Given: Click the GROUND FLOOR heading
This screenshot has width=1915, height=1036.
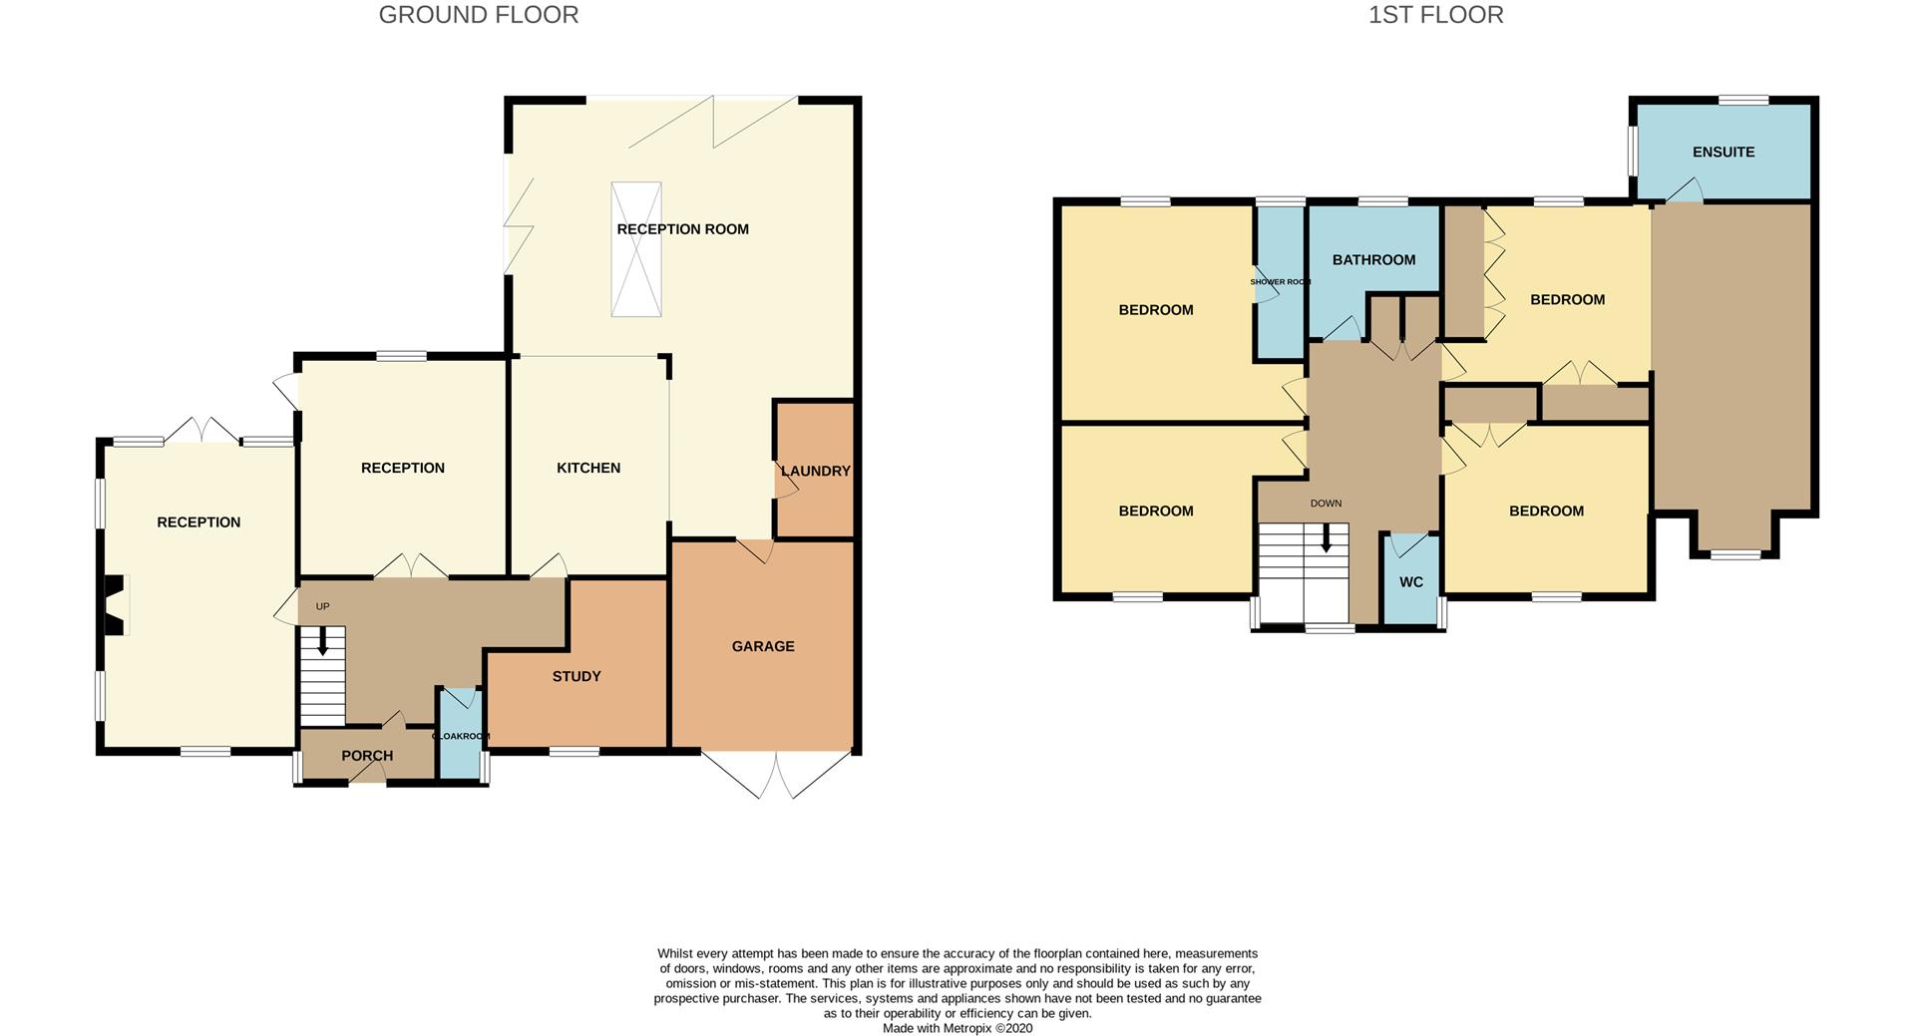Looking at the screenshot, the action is (479, 15).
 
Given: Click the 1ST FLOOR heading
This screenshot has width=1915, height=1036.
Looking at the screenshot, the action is (1435, 15).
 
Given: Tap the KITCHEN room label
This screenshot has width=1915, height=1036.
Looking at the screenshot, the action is (588, 468).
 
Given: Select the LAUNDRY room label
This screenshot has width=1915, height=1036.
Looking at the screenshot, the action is (816, 471).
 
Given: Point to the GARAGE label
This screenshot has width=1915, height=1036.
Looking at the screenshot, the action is (763, 646).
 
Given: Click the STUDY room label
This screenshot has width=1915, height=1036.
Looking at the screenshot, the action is (576, 676).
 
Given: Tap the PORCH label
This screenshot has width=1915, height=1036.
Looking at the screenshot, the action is (367, 756).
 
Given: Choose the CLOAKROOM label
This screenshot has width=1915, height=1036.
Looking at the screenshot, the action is (461, 736).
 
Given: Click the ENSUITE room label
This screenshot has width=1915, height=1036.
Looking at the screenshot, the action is (1723, 152).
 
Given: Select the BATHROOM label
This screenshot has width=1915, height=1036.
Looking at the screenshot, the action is (1373, 259).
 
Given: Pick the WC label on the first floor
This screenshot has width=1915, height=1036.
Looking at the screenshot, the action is (1411, 582).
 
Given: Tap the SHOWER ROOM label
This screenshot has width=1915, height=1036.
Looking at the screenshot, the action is (1281, 282).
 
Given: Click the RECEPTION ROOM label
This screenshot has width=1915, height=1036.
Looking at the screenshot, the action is (682, 229).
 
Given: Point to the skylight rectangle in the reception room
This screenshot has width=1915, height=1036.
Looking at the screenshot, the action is (636, 249).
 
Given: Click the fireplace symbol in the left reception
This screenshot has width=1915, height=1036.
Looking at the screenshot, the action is (116, 605).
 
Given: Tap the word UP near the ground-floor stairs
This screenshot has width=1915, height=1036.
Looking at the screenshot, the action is (322, 606).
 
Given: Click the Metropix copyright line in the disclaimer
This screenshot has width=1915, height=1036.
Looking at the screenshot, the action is (957, 1028).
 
